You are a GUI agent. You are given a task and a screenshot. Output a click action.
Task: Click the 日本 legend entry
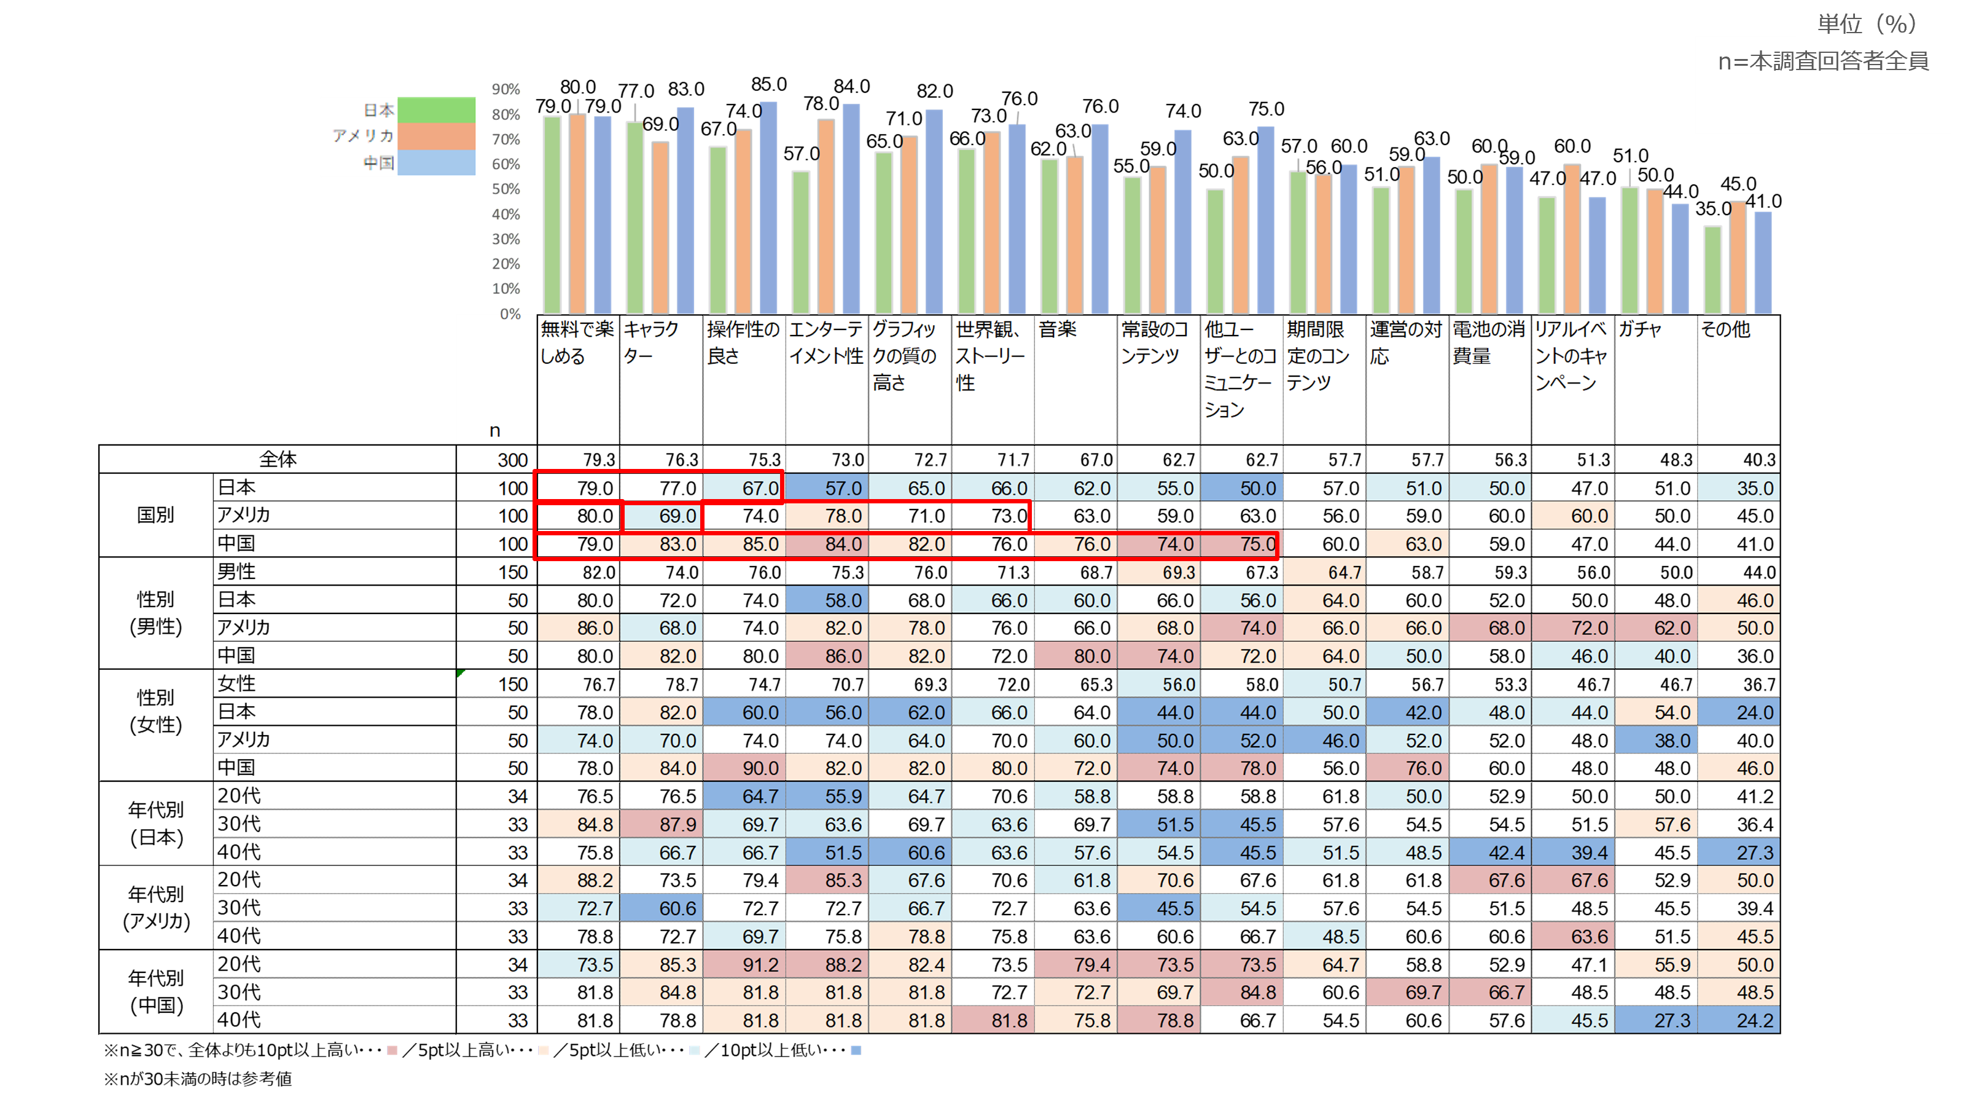(x=380, y=110)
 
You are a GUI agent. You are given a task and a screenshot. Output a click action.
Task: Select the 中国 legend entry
(x=380, y=162)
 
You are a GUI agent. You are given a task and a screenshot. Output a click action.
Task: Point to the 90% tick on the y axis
(x=505, y=89)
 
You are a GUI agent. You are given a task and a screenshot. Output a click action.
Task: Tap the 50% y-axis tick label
(x=505, y=189)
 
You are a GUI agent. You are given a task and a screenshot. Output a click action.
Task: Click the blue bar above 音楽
(x=1099, y=219)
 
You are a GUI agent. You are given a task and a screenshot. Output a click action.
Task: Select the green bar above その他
(x=1712, y=269)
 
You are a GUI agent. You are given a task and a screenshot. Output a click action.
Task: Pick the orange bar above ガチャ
(x=1655, y=251)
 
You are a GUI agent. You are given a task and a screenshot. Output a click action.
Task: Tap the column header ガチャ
(x=1640, y=329)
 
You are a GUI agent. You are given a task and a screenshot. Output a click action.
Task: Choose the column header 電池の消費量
(x=1488, y=343)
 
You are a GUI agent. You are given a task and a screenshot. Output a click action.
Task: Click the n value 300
(x=512, y=460)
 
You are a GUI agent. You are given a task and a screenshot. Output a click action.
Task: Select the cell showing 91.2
(x=760, y=964)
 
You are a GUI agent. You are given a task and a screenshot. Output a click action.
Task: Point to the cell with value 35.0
(x=1755, y=488)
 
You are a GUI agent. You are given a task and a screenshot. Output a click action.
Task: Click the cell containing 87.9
(x=677, y=825)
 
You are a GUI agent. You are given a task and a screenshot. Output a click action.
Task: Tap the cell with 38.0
(x=1672, y=741)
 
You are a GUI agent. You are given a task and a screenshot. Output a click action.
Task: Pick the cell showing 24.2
(x=1755, y=1020)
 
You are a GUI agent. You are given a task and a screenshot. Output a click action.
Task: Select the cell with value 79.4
(x=1091, y=964)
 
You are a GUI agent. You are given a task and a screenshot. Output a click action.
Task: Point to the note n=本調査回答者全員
(x=1823, y=61)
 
